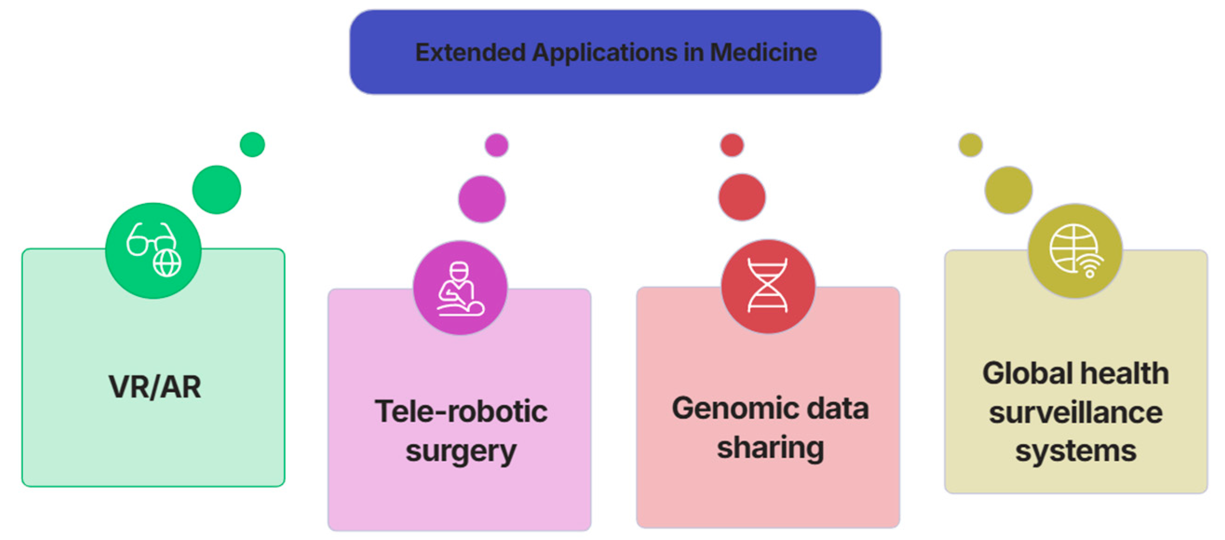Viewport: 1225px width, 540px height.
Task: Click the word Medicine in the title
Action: coord(763,52)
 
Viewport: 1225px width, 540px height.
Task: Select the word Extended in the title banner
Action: coord(470,52)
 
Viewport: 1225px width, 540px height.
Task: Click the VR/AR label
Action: coord(155,386)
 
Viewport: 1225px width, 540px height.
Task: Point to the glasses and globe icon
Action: coord(153,250)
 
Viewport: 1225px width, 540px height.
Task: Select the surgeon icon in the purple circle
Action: coord(460,288)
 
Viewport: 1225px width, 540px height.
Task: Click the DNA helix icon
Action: coord(767,285)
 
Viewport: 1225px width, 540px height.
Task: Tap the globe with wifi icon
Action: coord(1075,251)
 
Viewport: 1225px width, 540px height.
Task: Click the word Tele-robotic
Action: coord(461,411)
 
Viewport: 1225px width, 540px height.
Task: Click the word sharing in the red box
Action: coord(770,448)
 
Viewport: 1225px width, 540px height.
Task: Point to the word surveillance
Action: coord(1076,412)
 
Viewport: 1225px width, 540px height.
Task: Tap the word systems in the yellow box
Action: coord(1076,451)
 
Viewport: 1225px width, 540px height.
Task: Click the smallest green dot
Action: coord(252,144)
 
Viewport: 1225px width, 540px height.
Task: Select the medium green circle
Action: coord(216,189)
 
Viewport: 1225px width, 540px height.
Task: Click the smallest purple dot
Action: coord(497,145)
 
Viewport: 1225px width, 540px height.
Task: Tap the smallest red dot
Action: coord(732,145)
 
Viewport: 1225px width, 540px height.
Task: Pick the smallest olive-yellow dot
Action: coord(970,145)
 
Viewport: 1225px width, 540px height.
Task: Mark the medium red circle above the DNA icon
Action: coord(742,197)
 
